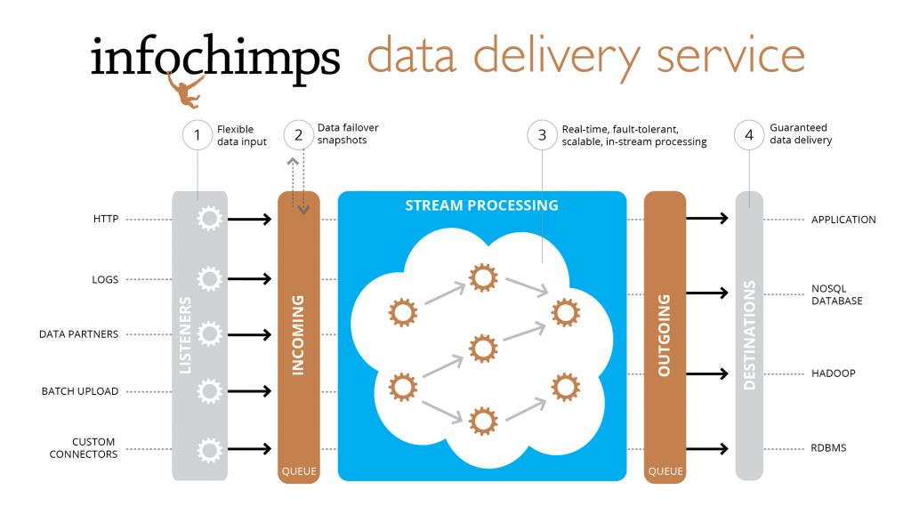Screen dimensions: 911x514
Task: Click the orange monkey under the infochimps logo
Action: tap(186, 90)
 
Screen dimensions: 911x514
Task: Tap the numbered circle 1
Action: tap(197, 135)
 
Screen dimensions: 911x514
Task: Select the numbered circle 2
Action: tap(299, 135)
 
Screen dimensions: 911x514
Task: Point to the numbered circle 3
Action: tap(542, 135)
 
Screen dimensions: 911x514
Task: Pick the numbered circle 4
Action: tap(749, 135)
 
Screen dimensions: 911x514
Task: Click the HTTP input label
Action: tap(106, 219)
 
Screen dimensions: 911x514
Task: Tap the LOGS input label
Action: tap(105, 279)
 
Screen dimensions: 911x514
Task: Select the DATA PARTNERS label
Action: tap(78, 334)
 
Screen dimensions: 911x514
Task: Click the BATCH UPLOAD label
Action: tap(79, 391)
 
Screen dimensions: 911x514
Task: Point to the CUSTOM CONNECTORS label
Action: tap(83, 448)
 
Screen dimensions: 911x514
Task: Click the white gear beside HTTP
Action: tap(209, 219)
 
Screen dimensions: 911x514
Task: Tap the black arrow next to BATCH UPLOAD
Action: tap(250, 391)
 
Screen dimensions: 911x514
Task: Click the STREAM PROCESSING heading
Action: tap(481, 205)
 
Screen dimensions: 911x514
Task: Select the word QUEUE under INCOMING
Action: tap(299, 471)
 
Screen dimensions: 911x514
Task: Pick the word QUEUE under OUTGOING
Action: tap(665, 471)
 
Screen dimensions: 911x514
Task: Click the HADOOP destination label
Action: tap(833, 373)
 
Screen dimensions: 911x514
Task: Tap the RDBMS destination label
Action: tap(828, 448)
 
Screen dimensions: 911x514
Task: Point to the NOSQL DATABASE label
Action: tap(836, 294)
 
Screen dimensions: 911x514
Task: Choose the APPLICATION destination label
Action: tap(843, 220)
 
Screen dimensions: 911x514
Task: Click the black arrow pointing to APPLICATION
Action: tap(707, 219)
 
